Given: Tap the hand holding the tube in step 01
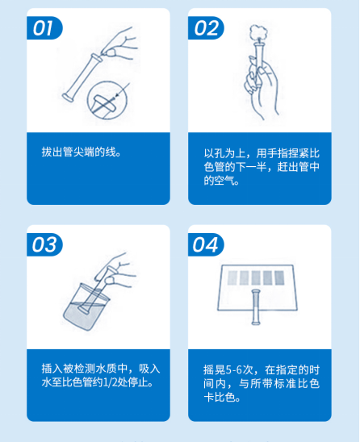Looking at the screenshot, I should click(122, 45).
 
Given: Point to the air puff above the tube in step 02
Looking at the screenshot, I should click(260, 31).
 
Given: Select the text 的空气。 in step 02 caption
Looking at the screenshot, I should click(221, 181).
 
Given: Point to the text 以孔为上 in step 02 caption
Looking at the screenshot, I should click(222, 152).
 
